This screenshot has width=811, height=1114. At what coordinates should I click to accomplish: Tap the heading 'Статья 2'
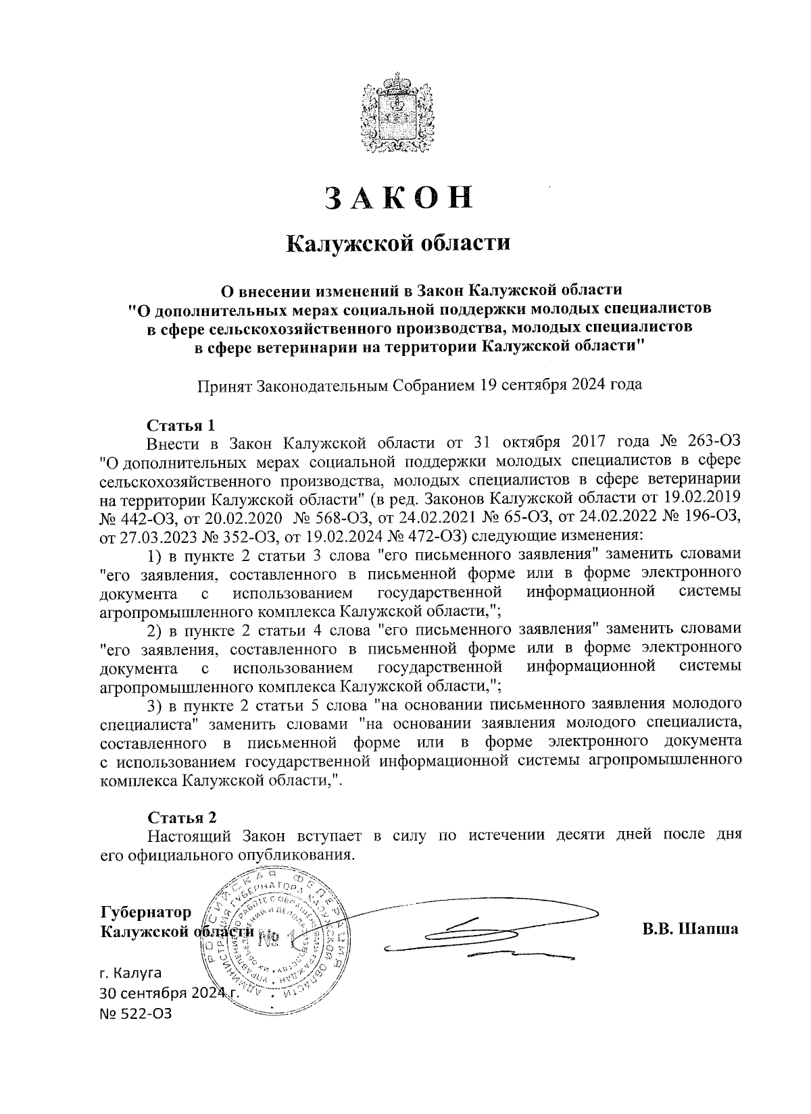tap(181, 818)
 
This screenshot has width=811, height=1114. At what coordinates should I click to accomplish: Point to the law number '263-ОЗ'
tap(714, 443)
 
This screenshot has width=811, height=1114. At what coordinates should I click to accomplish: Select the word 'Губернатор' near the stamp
tap(145, 913)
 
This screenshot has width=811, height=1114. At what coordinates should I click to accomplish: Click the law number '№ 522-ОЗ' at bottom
tap(135, 1013)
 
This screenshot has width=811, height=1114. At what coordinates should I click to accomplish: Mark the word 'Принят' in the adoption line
tap(224, 386)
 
